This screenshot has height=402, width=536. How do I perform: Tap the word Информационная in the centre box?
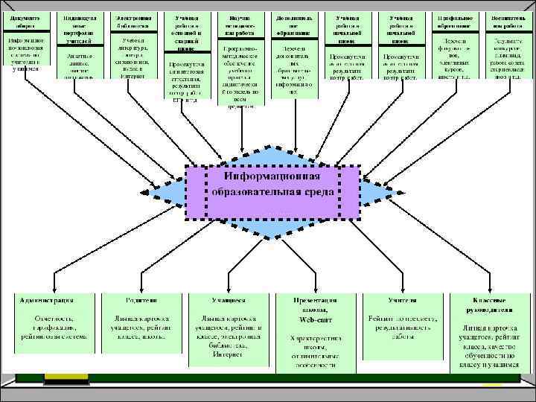[272, 176]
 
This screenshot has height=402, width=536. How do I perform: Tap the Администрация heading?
[46, 300]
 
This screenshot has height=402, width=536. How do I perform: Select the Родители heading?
[141, 300]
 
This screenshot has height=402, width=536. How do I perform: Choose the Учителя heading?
[402, 300]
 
